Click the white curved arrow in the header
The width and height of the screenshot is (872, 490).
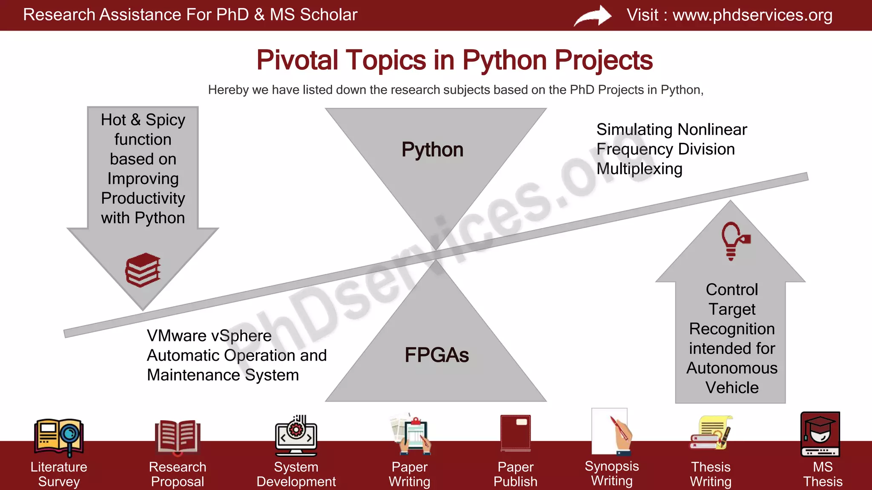coord(593,16)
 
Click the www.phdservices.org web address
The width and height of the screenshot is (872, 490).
coord(752,15)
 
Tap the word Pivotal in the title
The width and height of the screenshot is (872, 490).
coord(297,60)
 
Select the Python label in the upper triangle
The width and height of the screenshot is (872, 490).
coord(432,150)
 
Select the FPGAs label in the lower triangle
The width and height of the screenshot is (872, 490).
coord(436,355)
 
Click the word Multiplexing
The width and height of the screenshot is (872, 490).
coord(639,169)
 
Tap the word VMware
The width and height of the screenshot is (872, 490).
coord(177,336)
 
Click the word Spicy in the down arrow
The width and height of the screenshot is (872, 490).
coord(165,120)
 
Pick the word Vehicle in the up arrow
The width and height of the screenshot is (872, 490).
coord(732,387)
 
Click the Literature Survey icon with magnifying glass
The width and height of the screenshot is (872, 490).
coord(59,437)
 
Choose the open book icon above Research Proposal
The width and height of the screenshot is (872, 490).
coord(178,436)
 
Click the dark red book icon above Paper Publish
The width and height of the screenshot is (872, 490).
coord(516,433)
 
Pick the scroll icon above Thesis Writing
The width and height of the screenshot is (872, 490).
coord(711,433)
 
